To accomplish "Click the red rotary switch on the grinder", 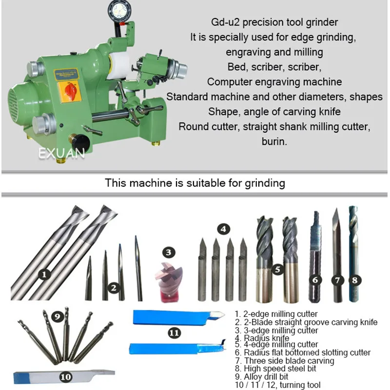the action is click(x=70, y=92).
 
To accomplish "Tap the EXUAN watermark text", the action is click(x=62, y=153).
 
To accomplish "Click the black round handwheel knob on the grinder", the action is click(x=82, y=142).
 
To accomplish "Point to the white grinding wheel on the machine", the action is click(x=118, y=66).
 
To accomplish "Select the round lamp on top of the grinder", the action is click(x=117, y=11).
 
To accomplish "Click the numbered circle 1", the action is click(x=44, y=274).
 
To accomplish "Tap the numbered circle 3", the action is click(x=168, y=253).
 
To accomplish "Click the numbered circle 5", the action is click(x=277, y=270).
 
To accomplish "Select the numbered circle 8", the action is click(x=355, y=280).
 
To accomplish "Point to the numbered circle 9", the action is click(x=58, y=316).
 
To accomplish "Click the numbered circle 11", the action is click(x=175, y=333).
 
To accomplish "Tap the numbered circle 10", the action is click(x=66, y=377).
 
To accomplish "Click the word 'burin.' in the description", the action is click(x=274, y=141).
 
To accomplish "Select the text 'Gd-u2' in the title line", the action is click(x=225, y=22).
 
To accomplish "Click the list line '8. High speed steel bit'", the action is click(x=275, y=369).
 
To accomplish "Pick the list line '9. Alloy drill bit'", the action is click(x=262, y=376).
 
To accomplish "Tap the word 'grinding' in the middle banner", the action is click(x=265, y=184).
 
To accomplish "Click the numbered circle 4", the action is click(x=223, y=229).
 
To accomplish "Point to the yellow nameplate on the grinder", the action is click(x=66, y=75).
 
